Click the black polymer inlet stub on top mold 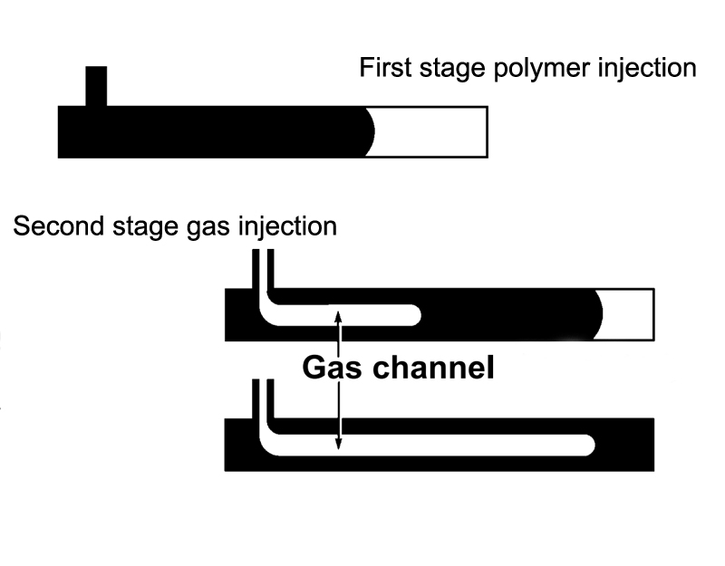pos(96,86)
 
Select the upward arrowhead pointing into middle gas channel pos(339,317)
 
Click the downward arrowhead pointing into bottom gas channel pos(339,443)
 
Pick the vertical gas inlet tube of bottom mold pos(263,398)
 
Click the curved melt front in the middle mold pos(599,314)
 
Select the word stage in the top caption pos(444,69)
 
